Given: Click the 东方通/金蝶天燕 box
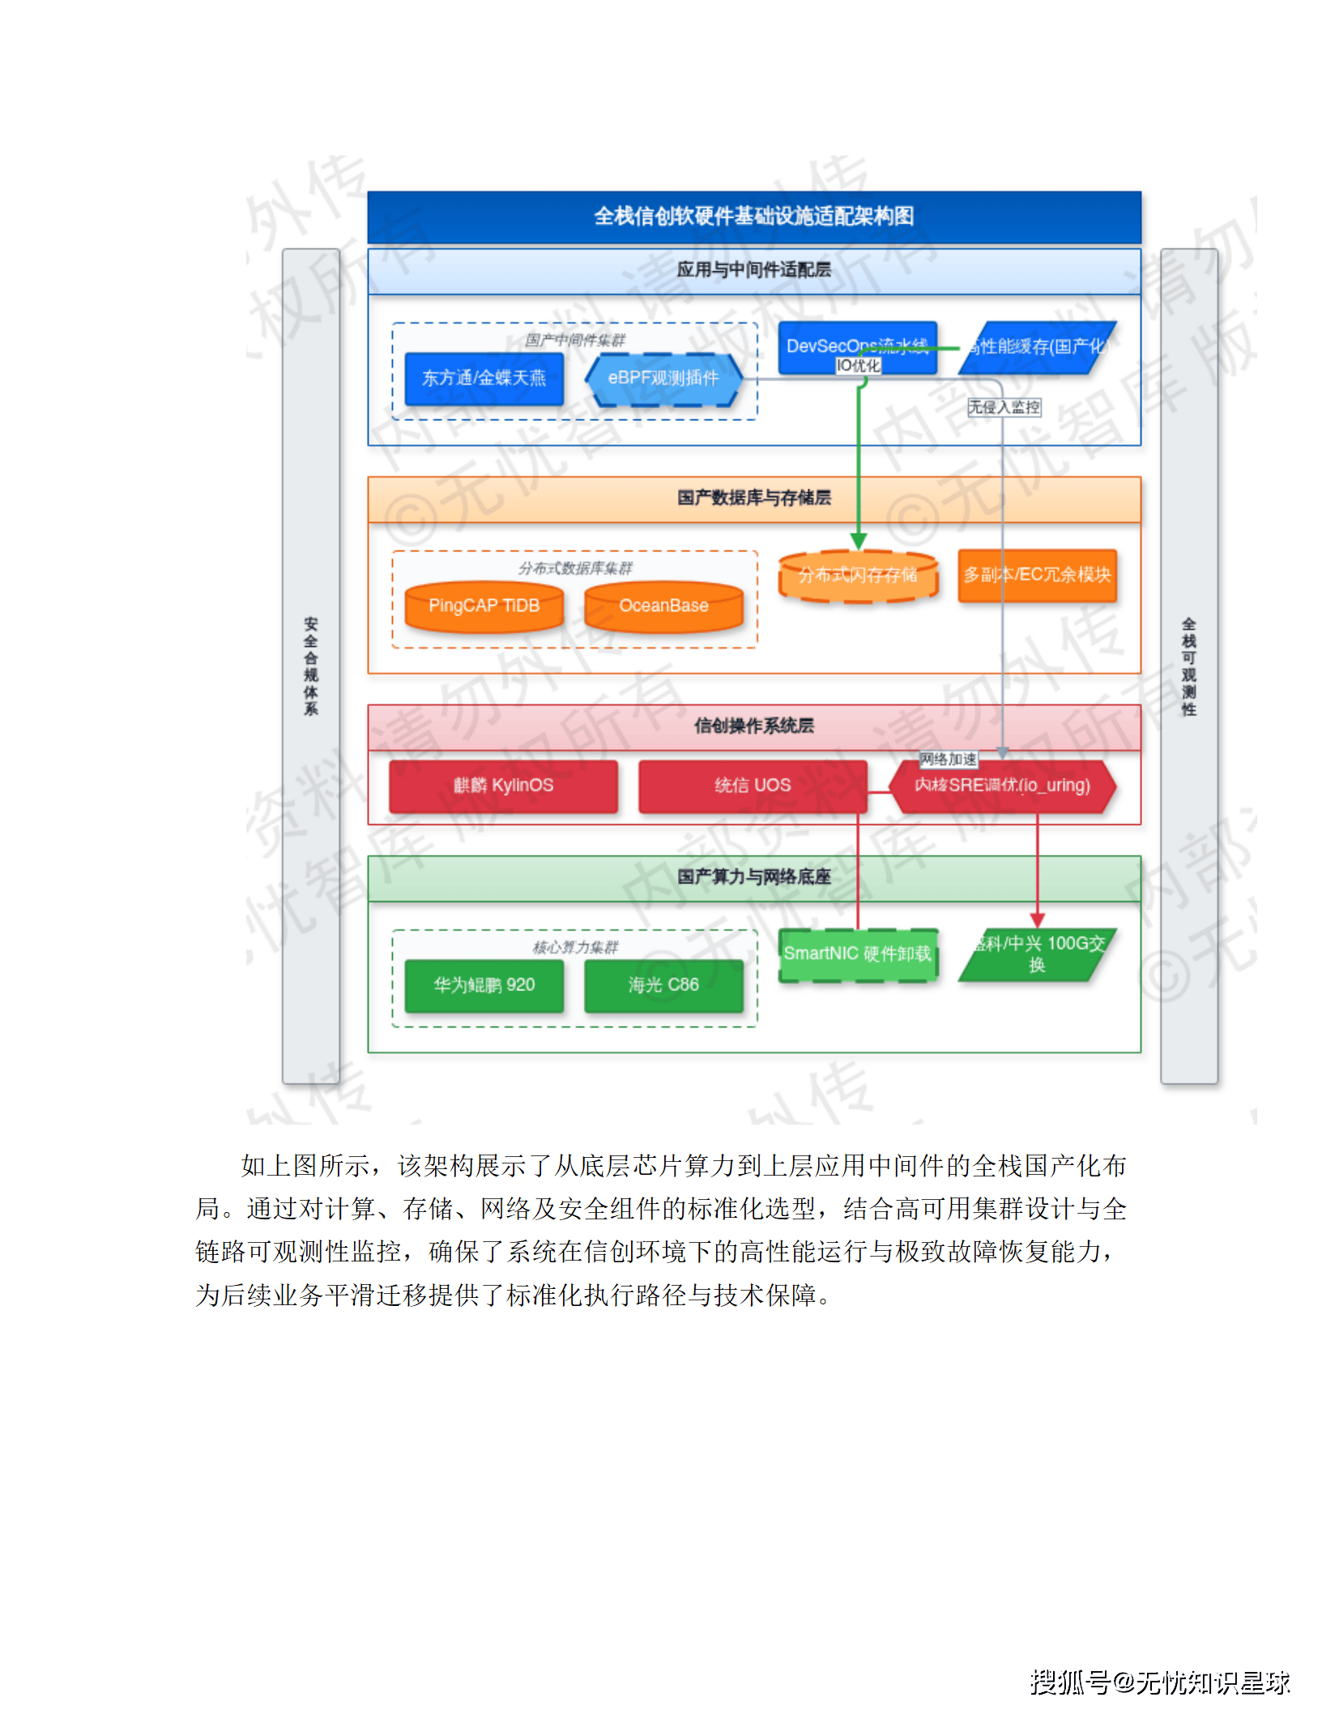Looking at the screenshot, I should coord(484,378).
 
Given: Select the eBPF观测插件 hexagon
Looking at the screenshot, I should coord(663,378).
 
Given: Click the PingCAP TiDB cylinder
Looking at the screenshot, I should coord(484,606).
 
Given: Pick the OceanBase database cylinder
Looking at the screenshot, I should coord(663,606).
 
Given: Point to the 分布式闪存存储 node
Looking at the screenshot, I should coord(858,575).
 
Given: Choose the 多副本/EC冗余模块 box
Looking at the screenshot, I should coord(1037,575).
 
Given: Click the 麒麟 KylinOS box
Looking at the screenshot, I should coord(503,785).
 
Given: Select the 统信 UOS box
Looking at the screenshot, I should coord(753,785).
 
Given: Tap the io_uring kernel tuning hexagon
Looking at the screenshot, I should coord(1002,785).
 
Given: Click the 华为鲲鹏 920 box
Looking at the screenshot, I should coord(484,985).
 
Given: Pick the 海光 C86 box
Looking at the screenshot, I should coord(663,985).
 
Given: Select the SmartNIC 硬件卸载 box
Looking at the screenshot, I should coord(858,954).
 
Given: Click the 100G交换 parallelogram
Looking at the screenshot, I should coord(1037,955).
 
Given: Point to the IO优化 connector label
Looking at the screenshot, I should coord(858,366).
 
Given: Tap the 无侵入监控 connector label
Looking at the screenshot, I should coord(1004,407).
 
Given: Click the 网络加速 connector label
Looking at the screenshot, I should coord(948,759).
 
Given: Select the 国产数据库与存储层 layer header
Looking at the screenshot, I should coord(754,498).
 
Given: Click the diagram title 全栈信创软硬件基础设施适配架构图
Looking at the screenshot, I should coord(754,216).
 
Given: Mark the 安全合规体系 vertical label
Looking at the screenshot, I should coord(311,666).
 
